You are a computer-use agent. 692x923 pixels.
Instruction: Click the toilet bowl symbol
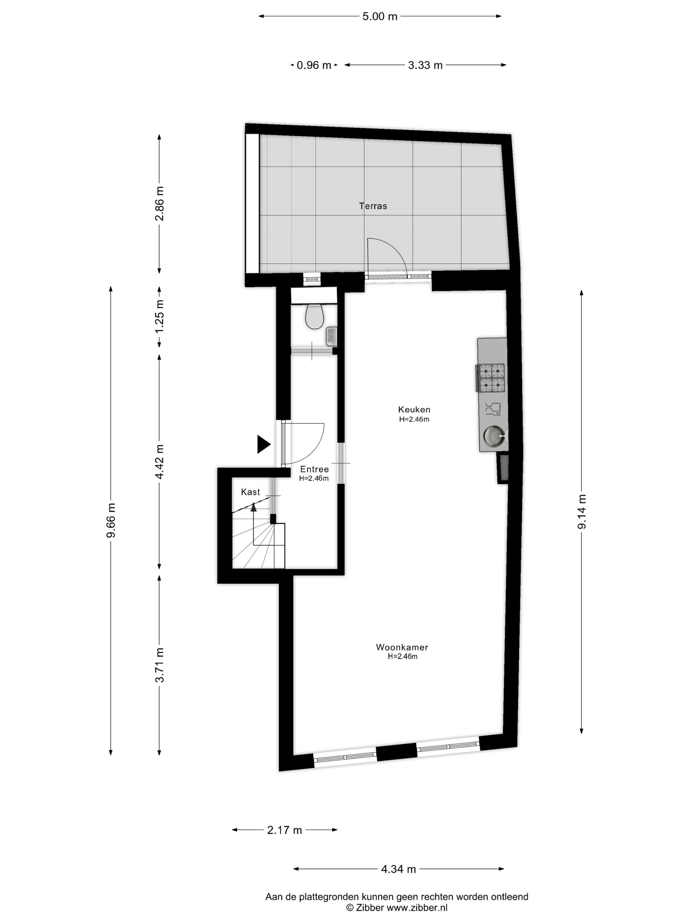tap(314, 316)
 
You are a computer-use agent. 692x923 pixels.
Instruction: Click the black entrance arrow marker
tap(263, 444)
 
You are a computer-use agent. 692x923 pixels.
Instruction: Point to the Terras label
tap(373, 206)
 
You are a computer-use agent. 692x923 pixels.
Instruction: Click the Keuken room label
tap(414, 409)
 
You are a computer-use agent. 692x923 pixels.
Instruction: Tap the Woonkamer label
tap(402, 647)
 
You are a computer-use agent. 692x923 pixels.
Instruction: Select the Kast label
tap(250, 492)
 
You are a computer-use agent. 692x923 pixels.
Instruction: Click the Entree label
tap(314, 469)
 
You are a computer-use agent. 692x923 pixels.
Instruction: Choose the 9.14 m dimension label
tap(582, 512)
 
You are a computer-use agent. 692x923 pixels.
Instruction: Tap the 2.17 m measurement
tap(284, 830)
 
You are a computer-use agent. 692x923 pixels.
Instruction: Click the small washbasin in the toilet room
tap(331, 336)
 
